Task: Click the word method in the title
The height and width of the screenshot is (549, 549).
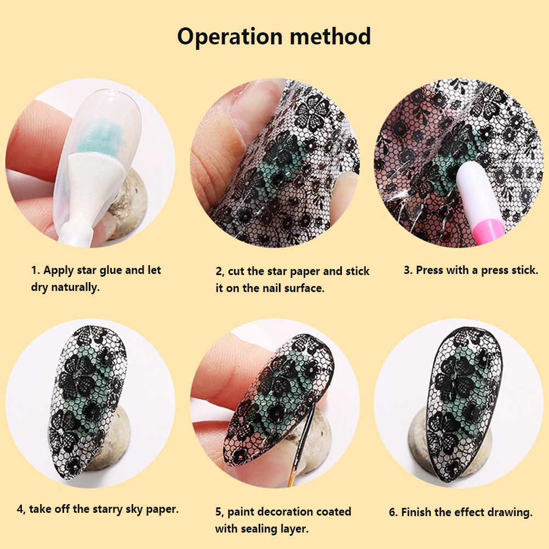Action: [x=330, y=36]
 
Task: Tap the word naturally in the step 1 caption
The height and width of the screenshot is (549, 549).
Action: [x=75, y=288]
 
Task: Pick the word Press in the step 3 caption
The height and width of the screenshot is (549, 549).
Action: [x=428, y=270]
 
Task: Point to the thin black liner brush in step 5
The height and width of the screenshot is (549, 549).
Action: [x=302, y=445]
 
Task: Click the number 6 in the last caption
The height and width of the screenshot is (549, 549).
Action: [x=393, y=513]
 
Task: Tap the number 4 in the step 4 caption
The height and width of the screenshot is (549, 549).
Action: [x=20, y=510]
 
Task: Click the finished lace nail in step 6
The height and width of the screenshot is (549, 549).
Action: [x=464, y=403]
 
